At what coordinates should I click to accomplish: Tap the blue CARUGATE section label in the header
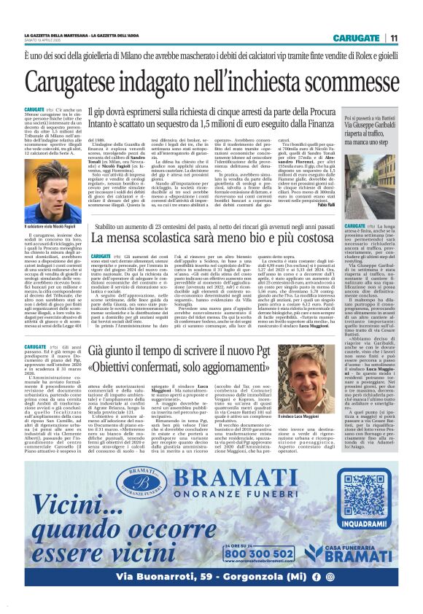(x=356, y=38)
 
